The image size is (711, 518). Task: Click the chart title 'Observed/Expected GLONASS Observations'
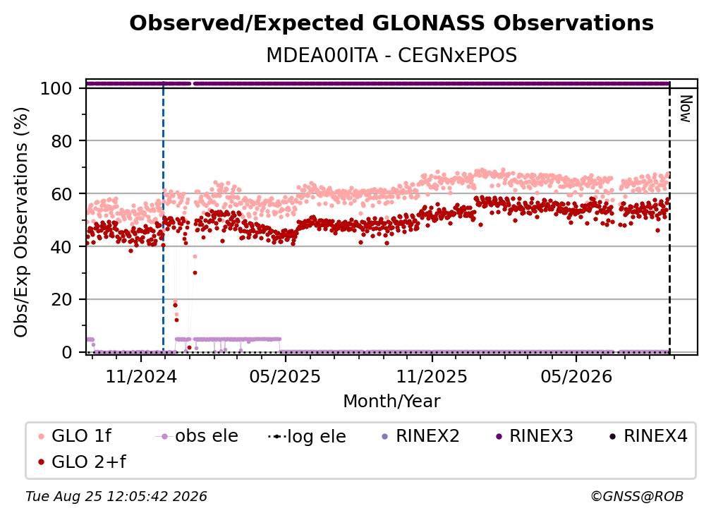[391, 23]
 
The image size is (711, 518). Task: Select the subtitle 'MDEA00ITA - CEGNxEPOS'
[391, 55]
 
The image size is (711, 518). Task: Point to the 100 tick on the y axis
[56, 88]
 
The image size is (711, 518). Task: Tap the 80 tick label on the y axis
[61, 142]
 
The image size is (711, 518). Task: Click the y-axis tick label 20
[61, 300]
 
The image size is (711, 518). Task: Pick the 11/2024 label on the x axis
[141, 376]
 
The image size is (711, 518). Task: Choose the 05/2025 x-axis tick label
[285, 376]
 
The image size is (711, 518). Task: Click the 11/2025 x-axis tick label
[432, 376]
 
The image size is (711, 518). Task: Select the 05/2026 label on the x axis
[576, 376]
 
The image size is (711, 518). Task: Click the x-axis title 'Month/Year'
[391, 402]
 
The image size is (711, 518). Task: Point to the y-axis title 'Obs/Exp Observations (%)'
[21, 222]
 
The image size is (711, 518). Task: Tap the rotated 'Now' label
[685, 109]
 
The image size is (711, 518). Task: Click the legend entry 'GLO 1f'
[75, 436]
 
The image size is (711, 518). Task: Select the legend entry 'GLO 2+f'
[83, 462]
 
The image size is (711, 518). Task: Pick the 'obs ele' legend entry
[197, 436]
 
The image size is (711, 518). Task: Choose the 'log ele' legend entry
[307, 437]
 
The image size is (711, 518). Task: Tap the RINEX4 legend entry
[648, 436]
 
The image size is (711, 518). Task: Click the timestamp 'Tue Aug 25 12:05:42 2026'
[116, 497]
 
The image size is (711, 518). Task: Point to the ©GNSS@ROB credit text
[637, 497]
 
